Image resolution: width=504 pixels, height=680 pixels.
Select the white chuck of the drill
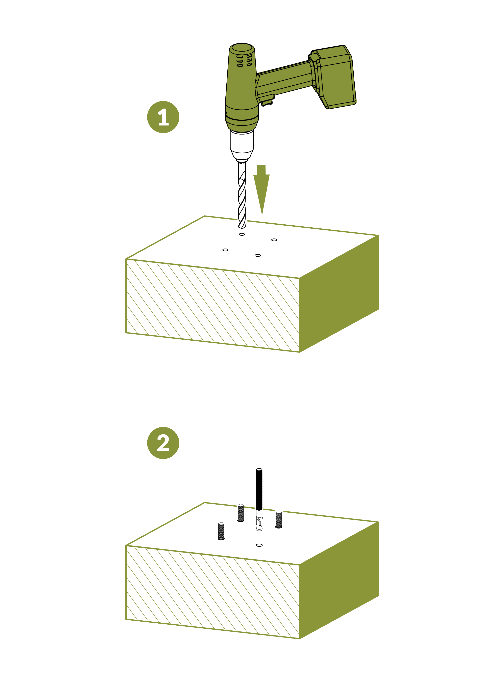pos(242,143)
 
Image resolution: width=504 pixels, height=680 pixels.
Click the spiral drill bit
pos(242,198)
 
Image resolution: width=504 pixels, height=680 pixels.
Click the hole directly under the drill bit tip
pos(242,234)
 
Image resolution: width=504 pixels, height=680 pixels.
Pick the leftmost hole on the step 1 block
pos(225,250)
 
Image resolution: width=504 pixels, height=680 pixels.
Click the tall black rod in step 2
pos(259,491)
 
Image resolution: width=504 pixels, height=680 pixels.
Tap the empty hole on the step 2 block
pos(259,545)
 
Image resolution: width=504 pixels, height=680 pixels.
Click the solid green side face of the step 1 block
pos(339,293)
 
